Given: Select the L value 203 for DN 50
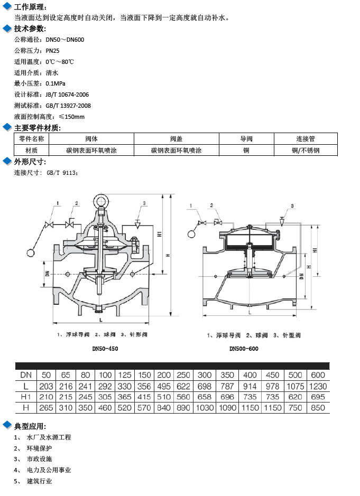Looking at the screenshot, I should coord(47,386).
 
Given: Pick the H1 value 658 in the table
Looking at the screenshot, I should coord(204,397).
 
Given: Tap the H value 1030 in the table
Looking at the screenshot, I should coord(204,408).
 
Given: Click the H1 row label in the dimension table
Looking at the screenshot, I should coord(25,397).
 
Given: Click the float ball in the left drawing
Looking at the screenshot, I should coord(34,255).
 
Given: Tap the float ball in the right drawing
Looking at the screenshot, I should coord(191,232).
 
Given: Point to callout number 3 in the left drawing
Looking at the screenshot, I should coord(144,203).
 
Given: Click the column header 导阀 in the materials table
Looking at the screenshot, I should coord(246,139).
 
